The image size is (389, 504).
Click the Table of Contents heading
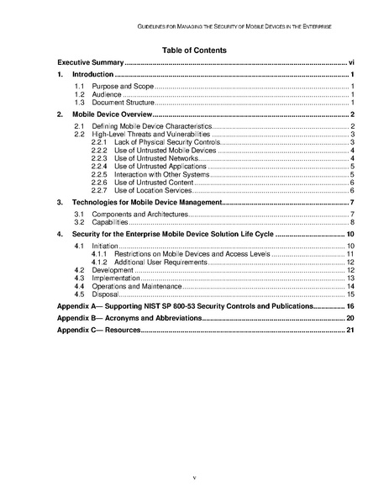click(x=194, y=50)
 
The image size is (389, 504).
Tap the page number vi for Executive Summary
click(x=351, y=63)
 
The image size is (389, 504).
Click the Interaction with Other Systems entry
click(x=160, y=174)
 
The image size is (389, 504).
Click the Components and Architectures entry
click(x=134, y=215)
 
